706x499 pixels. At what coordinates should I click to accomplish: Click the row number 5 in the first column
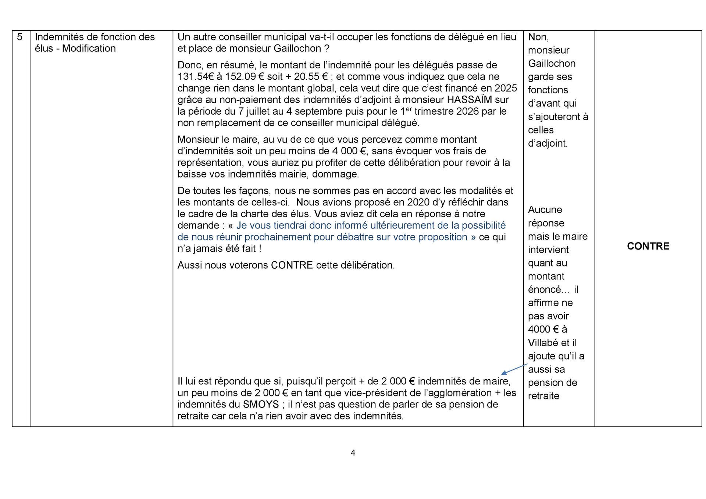point(20,37)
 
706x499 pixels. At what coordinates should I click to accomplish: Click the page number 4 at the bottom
point(353,453)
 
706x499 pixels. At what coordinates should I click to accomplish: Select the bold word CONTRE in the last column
point(648,246)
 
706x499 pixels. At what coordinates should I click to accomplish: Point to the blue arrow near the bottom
point(514,369)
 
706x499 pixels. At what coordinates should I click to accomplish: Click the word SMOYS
point(261,405)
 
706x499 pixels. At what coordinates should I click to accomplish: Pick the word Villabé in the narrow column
point(544,343)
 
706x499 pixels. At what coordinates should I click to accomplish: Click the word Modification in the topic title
point(89,49)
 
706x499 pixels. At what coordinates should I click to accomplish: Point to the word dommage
point(335,174)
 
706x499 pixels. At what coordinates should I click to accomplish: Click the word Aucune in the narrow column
point(545,210)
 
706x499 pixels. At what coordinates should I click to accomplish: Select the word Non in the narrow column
point(538,37)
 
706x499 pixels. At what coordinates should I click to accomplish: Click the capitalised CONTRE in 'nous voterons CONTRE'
point(292,265)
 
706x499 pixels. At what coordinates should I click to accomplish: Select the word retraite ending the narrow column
point(543,396)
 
